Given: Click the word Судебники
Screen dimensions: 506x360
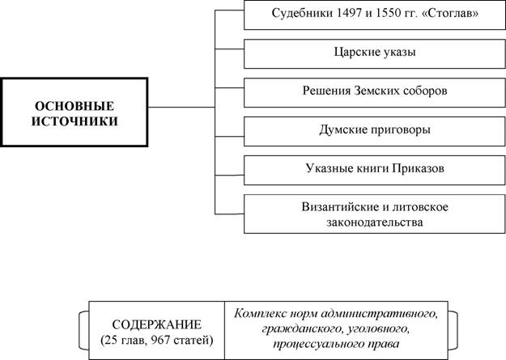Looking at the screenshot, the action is (x=302, y=14).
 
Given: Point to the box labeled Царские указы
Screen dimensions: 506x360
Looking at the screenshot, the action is (x=374, y=54).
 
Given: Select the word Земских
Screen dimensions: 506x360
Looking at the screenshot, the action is (x=376, y=91).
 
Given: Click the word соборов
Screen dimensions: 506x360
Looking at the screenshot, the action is (x=425, y=91).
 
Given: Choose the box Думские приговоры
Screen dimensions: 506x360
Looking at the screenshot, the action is (x=374, y=131).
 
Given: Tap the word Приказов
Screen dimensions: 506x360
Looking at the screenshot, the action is (x=419, y=168).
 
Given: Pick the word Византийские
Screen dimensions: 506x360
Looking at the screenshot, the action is (x=341, y=207).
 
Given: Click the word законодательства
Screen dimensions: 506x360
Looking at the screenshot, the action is (x=375, y=222).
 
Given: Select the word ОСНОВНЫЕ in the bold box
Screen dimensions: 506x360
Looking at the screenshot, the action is (x=74, y=106).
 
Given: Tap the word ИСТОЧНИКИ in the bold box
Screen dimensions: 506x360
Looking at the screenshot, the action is (x=74, y=121).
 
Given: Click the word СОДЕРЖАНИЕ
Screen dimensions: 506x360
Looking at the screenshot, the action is (x=157, y=324).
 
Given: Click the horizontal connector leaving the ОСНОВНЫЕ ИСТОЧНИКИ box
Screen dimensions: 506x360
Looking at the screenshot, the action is (x=181, y=107).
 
